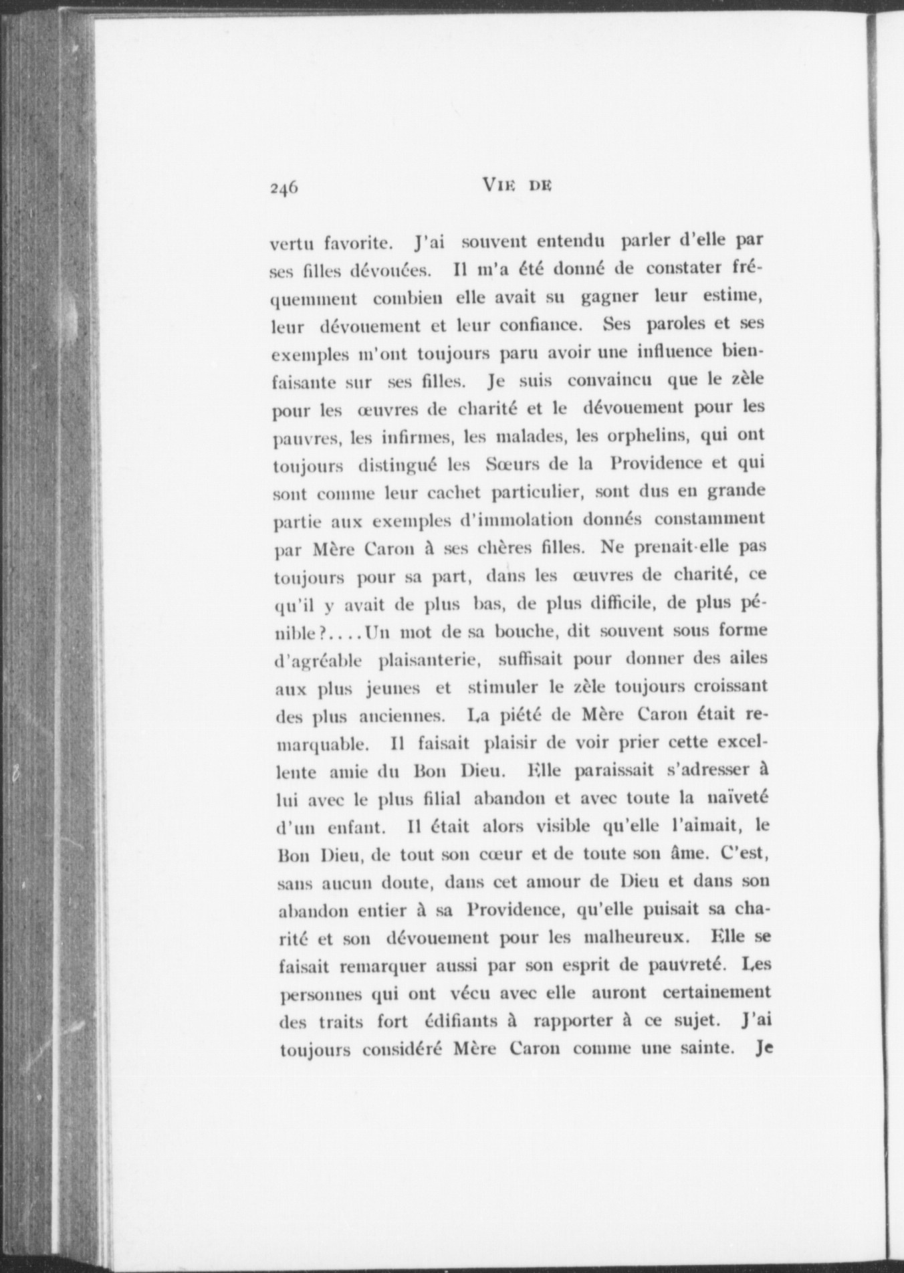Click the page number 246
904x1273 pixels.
(284, 188)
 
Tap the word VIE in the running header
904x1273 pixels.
(497, 187)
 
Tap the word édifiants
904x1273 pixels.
(462, 1021)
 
